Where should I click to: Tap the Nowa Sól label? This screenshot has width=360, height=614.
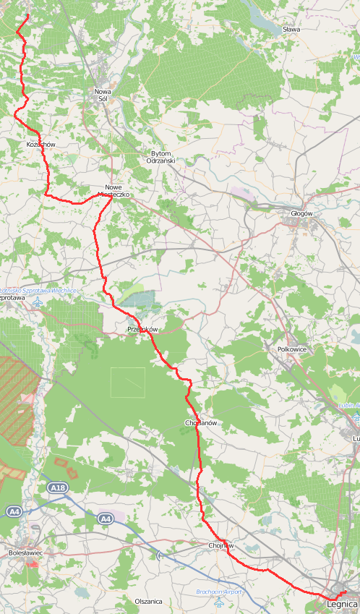pyautogui.click(x=103, y=95)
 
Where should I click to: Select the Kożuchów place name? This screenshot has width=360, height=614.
pyautogui.click(x=40, y=145)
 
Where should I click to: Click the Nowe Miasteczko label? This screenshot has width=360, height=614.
pyautogui.click(x=113, y=191)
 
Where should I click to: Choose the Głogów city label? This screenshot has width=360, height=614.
pyautogui.click(x=301, y=213)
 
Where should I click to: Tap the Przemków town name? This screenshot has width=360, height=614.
pyautogui.click(x=142, y=329)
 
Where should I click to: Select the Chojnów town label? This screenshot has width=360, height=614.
pyautogui.click(x=220, y=545)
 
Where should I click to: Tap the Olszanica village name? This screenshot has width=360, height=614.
pyautogui.click(x=148, y=601)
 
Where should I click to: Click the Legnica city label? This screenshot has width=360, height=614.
pyautogui.click(x=342, y=603)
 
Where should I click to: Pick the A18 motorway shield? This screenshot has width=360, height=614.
pyautogui.click(x=58, y=489)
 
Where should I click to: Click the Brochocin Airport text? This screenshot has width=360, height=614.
pyautogui.click(x=220, y=592)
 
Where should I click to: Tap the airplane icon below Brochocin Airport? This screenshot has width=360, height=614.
pyautogui.click(x=219, y=602)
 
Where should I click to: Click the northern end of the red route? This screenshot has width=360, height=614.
pyautogui.click(x=28, y=15)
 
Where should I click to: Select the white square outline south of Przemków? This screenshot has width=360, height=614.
pyautogui.click(x=127, y=382)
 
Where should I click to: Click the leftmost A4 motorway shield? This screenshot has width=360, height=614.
pyautogui.click(x=14, y=511)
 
